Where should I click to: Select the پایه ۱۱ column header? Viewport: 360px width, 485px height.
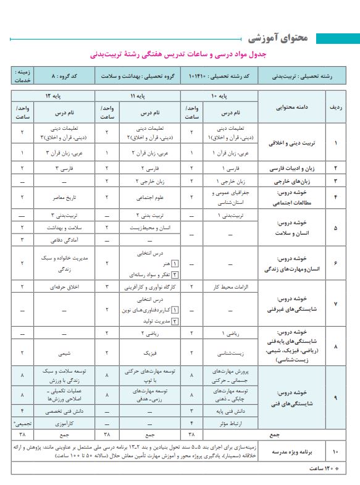tap(137, 96)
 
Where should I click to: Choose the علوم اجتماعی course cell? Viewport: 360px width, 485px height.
tap(144, 197)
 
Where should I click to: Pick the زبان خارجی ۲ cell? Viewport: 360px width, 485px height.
tap(144, 182)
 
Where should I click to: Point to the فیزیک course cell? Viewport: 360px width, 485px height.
tap(144, 353)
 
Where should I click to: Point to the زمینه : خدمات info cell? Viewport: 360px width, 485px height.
tap(21, 77)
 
